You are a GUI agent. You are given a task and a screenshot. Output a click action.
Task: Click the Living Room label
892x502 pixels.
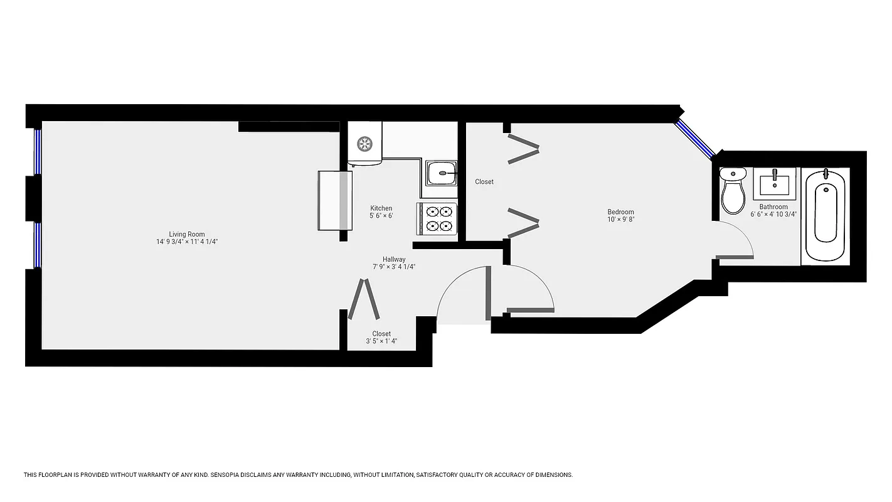[187, 234]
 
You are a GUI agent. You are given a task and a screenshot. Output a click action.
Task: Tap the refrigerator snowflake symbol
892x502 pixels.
[364, 144]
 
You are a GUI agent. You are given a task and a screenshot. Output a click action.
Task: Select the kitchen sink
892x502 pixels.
[441, 173]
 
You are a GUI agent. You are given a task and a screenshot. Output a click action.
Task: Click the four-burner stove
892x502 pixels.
[437, 219]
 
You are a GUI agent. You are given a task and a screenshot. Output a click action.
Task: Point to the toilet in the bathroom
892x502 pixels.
[732, 191]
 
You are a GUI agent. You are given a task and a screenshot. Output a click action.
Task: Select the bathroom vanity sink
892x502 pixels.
[774, 183]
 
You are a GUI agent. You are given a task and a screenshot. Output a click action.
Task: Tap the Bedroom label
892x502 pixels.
[620, 211]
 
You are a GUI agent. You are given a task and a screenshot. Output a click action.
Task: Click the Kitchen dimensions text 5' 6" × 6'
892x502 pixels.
[381, 216]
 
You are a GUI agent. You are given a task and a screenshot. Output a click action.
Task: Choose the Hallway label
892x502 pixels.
[394, 259]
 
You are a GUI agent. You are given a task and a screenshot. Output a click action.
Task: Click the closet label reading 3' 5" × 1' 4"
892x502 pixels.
[381, 341]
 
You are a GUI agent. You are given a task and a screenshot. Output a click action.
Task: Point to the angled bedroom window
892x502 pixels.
[695, 139]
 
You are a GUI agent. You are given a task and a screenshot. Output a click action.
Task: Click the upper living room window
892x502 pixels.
[38, 151]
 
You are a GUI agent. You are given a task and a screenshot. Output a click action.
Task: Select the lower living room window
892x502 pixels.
[38, 245]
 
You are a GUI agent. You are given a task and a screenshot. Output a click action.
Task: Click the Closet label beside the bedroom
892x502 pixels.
[484, 182]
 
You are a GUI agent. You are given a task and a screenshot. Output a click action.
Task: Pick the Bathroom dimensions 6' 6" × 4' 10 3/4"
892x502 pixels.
[773, 214]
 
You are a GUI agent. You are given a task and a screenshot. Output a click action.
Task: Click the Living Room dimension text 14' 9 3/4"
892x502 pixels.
[169, 242]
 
